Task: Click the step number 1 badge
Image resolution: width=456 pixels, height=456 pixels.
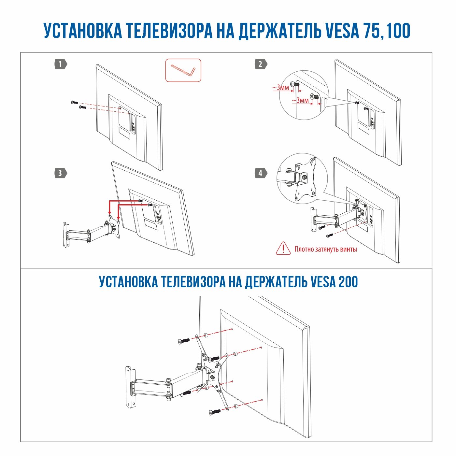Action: click(61, 64)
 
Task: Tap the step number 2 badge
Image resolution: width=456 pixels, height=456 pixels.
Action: click(261, 64)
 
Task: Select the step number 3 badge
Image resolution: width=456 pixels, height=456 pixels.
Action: click(61, 173)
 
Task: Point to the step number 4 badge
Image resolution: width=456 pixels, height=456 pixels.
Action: click(261, 173)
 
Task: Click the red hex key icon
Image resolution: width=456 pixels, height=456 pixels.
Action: click(183, 70)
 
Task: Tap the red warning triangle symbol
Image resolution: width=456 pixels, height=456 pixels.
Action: click(283, 249)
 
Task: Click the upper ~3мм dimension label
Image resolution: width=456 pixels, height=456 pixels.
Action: click(280, 88)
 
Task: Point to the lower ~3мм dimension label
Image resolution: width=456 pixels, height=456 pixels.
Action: click(300, 100)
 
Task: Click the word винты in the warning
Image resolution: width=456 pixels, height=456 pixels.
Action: click(348, 249)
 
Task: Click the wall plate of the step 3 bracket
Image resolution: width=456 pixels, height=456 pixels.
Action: click(65, 235)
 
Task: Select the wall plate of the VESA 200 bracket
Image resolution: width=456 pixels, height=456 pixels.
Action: click(131, 387)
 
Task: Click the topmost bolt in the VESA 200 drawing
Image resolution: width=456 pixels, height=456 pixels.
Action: click(184, 341)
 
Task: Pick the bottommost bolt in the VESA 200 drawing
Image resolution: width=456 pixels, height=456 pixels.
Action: click(215, 412)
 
